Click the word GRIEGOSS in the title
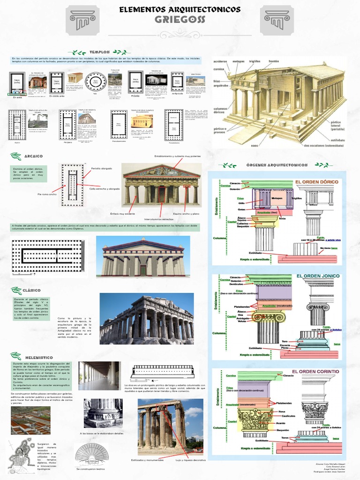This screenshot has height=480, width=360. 180,20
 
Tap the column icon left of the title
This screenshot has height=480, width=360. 82,20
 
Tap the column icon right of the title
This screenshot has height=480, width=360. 277,20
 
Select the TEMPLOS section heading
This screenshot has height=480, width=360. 99,52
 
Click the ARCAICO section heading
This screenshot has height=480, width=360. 34,156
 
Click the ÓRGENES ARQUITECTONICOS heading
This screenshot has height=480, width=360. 276,165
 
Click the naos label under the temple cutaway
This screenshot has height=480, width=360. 255,145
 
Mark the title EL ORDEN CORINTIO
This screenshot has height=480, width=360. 315,371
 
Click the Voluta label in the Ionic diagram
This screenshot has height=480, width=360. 242,322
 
